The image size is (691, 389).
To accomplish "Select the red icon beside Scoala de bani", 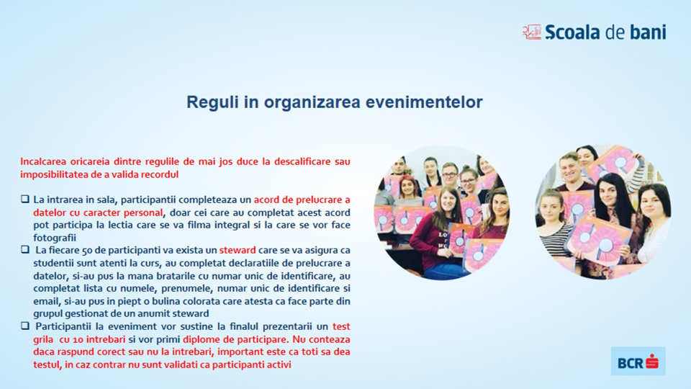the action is pyautogui.click(x=531, y=32).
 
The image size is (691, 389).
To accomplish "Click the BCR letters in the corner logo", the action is pyautogui.click(x=631, y=363).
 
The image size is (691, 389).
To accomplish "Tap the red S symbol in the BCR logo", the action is pyautogui.click(x=652, y=362).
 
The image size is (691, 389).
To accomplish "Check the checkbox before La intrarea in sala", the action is pyautogui.click(x=25, y=200).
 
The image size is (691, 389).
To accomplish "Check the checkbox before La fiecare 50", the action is pyautogui.click(x=25, y=250).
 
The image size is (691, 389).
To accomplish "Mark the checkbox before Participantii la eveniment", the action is pyautogui.click(x=25, y=326).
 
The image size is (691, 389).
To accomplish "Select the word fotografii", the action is pyautogui.click(x=55, y=238).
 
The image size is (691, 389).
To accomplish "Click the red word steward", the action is pyautogui.click(x=238, y=250).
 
